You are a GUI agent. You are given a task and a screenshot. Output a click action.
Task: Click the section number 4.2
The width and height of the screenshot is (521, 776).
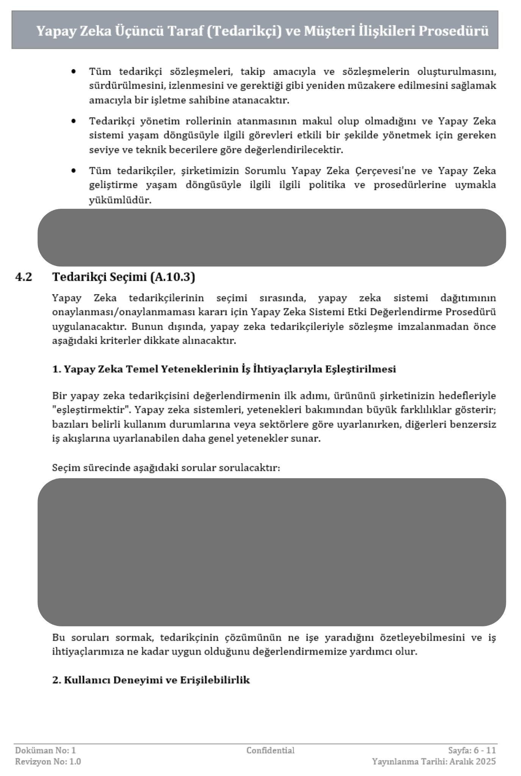coord(23,277)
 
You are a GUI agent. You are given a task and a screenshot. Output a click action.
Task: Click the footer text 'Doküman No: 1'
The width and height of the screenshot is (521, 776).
coord(45,750)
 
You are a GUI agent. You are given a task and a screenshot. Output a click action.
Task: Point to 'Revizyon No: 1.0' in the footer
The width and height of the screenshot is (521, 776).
coord(48,761)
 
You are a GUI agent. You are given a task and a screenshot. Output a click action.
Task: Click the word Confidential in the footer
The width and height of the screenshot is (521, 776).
coord(270,750)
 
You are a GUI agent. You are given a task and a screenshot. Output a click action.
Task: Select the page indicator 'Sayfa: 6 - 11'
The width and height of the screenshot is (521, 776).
coord(472,750)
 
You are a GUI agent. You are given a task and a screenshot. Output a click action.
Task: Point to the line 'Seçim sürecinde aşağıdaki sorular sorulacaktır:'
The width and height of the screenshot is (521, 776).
coord(166,468)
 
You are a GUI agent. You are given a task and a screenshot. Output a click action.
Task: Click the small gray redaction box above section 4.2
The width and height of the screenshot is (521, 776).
coord(272,237)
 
